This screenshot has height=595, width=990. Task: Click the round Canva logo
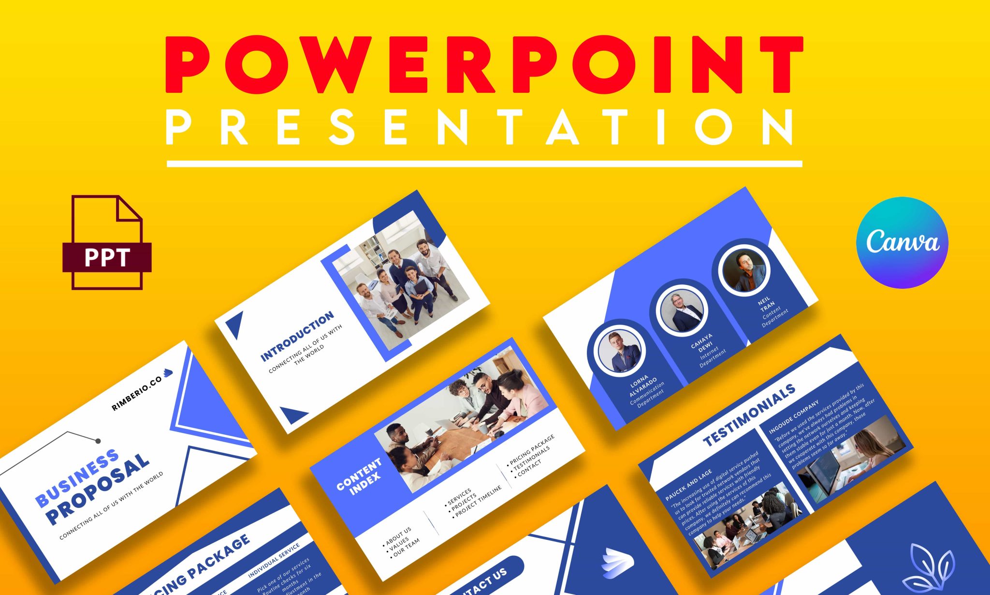click(x=902, y=242)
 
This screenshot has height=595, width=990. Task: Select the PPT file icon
click(x=107, y=243)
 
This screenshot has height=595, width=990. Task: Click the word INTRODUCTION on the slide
click(x=297, y=336)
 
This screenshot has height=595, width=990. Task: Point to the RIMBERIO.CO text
click(x=137, y=393)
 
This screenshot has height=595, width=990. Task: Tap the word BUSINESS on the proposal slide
click(x=77, y=478)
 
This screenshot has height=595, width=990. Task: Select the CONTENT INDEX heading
click(x=359, y=476)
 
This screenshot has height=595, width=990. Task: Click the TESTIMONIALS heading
click(x=749, y=415)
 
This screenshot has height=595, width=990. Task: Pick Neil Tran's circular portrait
click(x=743, y=270)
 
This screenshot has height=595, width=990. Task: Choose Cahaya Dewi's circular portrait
click(x=682, y=311)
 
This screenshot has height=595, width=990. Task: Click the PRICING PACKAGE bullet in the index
click(x=532, y=449)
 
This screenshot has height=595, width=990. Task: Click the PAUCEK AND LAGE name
click(x=689, y=485)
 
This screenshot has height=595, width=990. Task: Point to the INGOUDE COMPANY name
click(x=794, y=416)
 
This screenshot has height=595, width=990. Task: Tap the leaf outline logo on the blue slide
click(x=931, y=566)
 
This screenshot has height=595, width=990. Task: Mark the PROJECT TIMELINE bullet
click(x=479, y=502)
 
